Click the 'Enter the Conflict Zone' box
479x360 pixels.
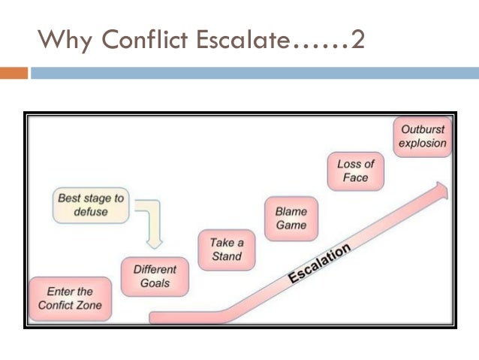pos(70,298)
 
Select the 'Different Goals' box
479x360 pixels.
pos(155,277)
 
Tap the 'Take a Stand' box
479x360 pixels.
pos(226,250)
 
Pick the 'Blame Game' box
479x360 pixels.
pos(291,218)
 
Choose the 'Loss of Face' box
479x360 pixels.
pos(355,171)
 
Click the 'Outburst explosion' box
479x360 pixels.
pos(422,137)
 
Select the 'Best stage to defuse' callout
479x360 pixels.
pos(91,205)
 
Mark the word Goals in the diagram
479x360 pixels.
pos(155,283)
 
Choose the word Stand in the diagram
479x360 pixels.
pos(226,256)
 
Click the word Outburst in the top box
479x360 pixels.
pos(422,130)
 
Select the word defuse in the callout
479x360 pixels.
pos(91,212)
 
